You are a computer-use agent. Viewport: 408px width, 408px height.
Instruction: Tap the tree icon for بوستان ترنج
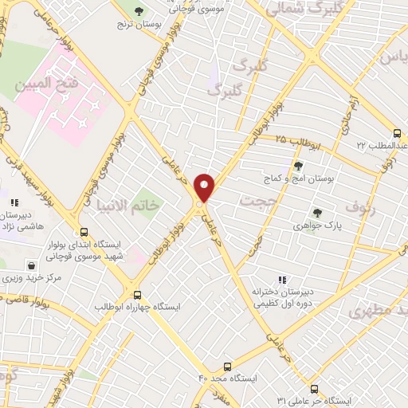[139, 12]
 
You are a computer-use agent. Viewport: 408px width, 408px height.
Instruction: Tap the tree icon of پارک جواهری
[317, 213]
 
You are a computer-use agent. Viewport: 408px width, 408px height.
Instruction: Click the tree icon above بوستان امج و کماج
[298, 166]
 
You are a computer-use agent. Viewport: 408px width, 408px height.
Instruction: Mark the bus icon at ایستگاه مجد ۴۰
[228, 367]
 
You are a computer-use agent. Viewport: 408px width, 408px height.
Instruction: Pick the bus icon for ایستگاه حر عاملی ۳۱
[313, 388]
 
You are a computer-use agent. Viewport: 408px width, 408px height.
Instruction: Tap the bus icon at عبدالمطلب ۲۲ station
[398, 133]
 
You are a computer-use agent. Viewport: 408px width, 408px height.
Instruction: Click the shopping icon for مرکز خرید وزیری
[30, 265]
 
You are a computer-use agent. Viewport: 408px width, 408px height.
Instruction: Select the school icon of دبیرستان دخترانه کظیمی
[281, 280]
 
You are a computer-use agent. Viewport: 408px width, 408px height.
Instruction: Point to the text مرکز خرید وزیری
[33, 278]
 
